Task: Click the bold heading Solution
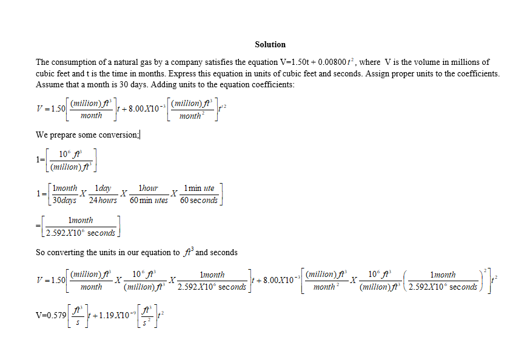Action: (270, 44)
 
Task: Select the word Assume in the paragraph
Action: (48, 85)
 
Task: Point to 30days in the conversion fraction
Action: (65, 200)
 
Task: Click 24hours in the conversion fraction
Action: (103, 200)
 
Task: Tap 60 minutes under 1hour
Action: (149, 200)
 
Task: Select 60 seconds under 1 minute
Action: (199, 200)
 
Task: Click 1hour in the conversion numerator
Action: (148, 188)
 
